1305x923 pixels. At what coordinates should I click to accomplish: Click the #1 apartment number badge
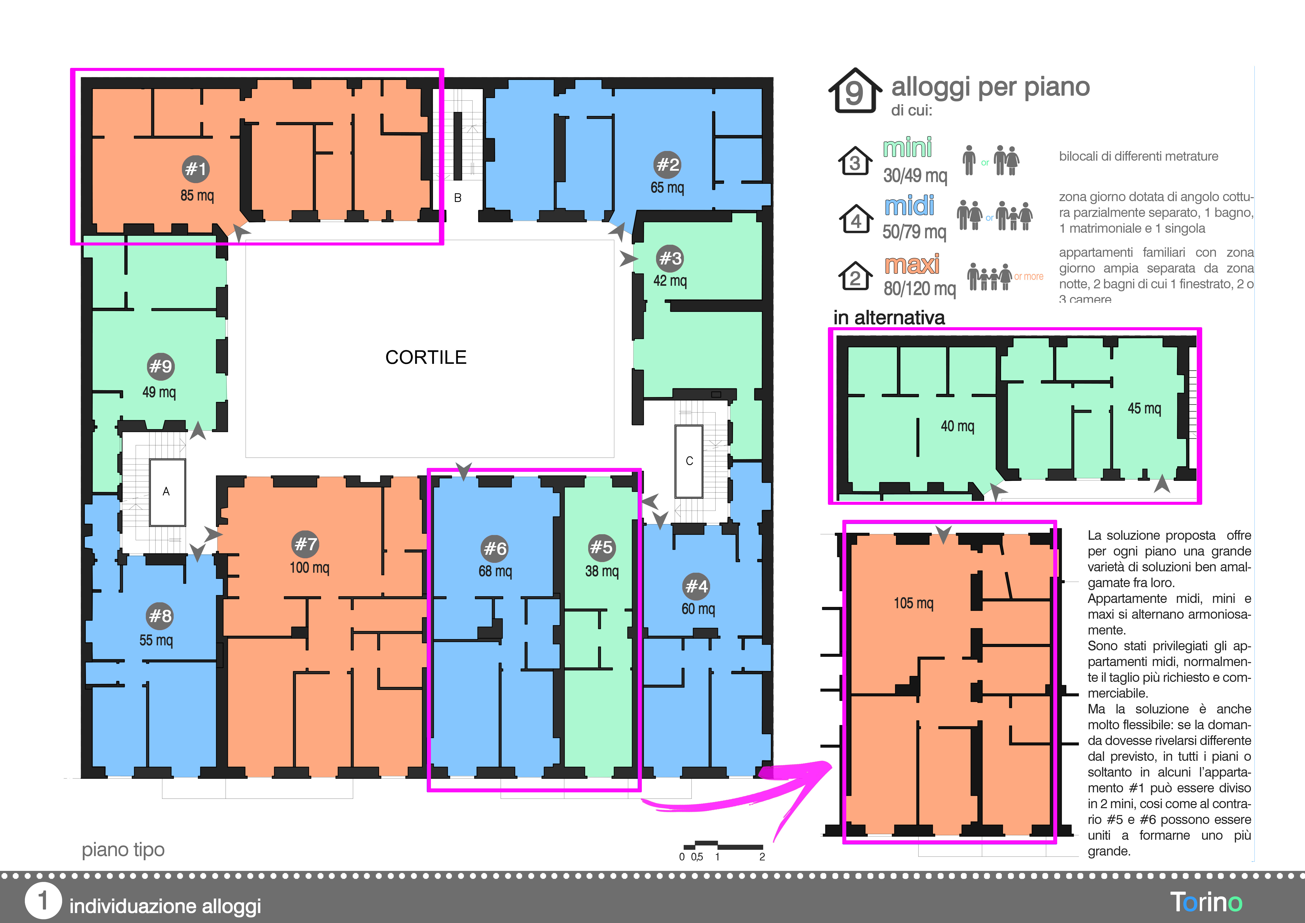tap(196, 169)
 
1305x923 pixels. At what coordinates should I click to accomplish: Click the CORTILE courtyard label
tap(426, 357)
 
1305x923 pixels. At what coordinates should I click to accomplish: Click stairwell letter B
tap(458, 198)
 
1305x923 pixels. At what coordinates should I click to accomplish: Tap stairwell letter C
tap(689, 461)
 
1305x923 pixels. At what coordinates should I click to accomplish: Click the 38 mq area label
tap(602, 571)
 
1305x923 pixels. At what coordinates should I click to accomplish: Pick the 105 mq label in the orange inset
tap(913, 603)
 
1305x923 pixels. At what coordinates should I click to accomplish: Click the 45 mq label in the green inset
tap(1144, 408)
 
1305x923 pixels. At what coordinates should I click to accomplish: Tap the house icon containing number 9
tap(855, 91)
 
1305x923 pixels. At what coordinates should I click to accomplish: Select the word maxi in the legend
tap(912, 264)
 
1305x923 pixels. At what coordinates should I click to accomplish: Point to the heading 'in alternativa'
tap(889, 317)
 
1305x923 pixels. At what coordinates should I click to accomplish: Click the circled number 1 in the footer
tap(43, 901)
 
